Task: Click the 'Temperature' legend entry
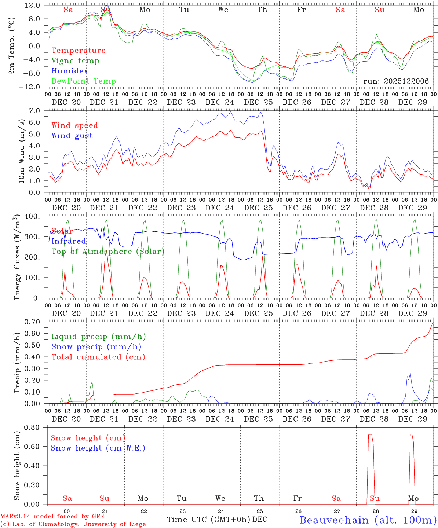click(79, 51)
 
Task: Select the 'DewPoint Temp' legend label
click(84, 81)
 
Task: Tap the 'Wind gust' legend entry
click(72, 136)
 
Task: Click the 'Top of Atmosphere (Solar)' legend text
click(108, 252)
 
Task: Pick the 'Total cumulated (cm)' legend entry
click(98, 357)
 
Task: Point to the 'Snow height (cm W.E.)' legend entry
click(98, 448)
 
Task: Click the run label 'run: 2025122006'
click(396, 81)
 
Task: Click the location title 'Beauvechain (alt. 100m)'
click(368, 520)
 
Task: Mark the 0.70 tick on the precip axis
click(36, 322)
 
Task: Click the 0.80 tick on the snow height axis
click(36, 428)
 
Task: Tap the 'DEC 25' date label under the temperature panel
click(259, 102)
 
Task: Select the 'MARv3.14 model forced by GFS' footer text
click(52, 517)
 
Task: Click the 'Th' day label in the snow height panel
click(259, 498)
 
